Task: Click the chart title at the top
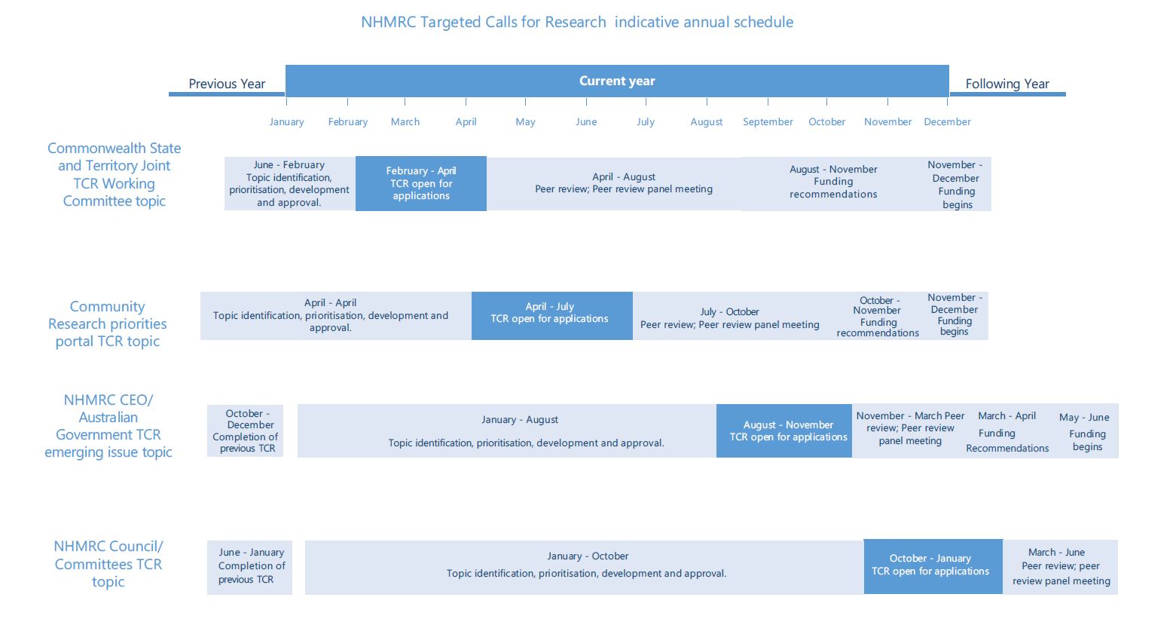tap(577, 22)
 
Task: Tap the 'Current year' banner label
tap(617, 81)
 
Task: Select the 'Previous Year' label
tap(227, 84)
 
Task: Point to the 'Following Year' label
tap(1007, 84)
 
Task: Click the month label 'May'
tap(525, 122)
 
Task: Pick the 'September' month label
tap(768, 122)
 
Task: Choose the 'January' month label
tap(286, 122)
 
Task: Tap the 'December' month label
tap(947, 122)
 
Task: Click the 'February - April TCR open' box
tap(421, 183)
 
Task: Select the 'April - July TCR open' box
tap(551, 316)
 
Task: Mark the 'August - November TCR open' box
tap(783, 430)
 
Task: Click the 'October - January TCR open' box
tap(933, 566)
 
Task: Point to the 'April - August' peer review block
tap(614, 183)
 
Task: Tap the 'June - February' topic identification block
tap(290, 183)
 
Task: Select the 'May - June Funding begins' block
tap(1085, 431)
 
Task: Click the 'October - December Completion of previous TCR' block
tap(245, 430)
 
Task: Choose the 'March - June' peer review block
tap(1061, 567)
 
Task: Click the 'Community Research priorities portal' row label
tap(108, 323)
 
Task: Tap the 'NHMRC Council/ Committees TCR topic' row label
tap(108, 564)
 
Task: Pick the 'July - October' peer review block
tap(729, 316)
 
